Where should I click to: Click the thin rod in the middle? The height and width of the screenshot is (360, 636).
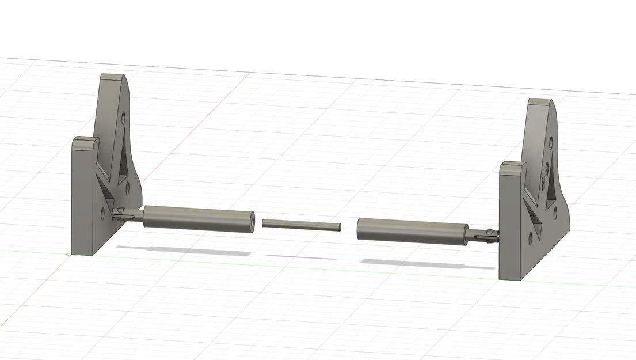point(302,223)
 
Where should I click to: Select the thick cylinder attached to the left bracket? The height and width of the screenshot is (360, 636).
point(196,218)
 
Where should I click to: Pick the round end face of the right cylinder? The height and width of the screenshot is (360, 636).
point(359,229)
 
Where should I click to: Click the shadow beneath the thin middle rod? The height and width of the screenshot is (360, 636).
point(302,257)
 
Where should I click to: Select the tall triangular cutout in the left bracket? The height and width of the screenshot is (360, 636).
point(123,158)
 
